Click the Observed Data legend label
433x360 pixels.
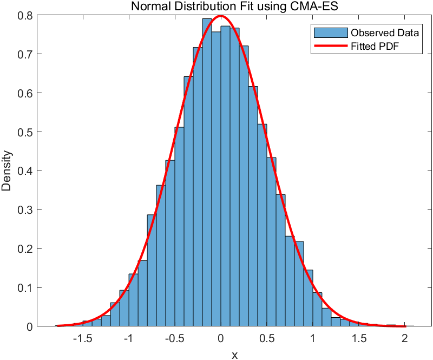click(x=384, y=32)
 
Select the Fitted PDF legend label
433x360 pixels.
click(x=378, y=47)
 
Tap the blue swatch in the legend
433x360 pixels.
click(x=329, y=32)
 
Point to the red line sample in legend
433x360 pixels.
click(x=329, y=47)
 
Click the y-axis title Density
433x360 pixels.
click(x=7, y=171)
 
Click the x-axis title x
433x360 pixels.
click(x=234, y=355)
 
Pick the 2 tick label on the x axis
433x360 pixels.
click(x=404, y=338)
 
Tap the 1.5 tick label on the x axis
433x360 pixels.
click(x=358, y=338)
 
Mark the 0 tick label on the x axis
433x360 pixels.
click(x=220, y=338)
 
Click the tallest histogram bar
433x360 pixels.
click(x=207, y=173)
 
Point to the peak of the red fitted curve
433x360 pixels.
click(x=220, y=16)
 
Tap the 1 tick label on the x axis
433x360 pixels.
click(x=312, y=338)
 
